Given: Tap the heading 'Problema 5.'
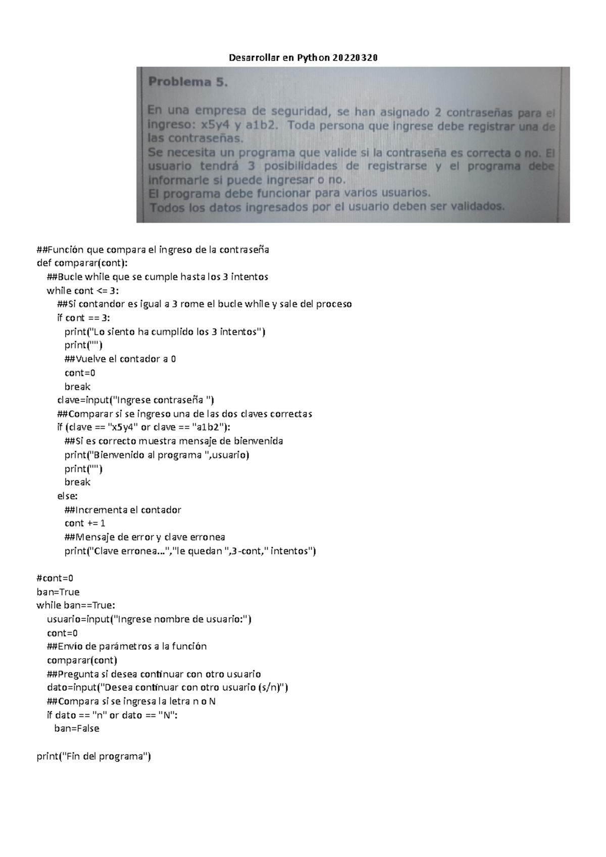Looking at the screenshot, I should (188, 82).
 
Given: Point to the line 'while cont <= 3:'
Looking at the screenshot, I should (83, 291).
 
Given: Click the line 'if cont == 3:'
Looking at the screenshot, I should (83, 318).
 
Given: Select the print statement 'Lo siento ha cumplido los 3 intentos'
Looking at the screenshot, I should (165, 332).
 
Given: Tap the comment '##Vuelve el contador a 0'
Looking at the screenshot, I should (120, 359).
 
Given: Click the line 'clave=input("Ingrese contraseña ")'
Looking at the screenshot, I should (136, 400).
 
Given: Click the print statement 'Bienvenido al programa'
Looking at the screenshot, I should (157, 455).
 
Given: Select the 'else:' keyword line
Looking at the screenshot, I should (67, 496).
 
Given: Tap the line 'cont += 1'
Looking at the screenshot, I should (85, 523).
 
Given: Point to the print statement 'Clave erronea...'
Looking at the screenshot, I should (190, 551).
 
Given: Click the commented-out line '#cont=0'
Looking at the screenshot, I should (55, 578).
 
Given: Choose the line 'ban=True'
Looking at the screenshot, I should (58, 592).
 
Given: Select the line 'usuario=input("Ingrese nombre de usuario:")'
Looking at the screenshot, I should (149, 619).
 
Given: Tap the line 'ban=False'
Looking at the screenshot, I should (77, 729).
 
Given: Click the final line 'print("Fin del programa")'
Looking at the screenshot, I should (94, 757).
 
